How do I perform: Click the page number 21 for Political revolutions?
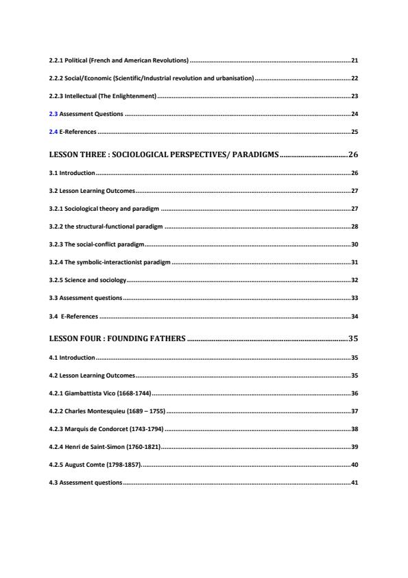click(x=354, y=61)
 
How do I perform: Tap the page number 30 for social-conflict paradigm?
click(x=354, y=244)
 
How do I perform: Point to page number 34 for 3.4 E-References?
click(x=354, y=316)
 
